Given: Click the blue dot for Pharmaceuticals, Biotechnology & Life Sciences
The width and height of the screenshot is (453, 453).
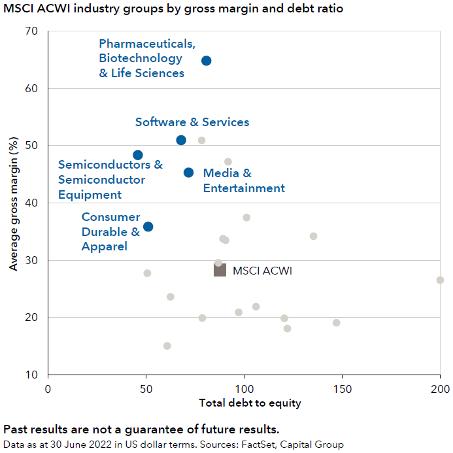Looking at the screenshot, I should [206, 61].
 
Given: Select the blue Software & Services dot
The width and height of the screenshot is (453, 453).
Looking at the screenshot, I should [181, 141].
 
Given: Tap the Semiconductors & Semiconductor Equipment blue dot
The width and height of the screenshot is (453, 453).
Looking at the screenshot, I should [138, 155].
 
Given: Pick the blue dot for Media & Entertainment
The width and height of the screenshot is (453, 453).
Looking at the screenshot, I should [188, 173].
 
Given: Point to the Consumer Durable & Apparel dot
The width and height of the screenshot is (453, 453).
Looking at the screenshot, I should [148, 227].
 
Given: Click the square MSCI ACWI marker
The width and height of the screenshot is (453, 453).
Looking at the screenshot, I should [220, 270].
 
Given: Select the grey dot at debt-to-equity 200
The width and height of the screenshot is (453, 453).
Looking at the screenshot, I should [440, 280].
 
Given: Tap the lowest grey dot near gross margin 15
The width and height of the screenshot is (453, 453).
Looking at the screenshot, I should [167, 346].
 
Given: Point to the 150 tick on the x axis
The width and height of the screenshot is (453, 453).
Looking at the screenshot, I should [342, 388].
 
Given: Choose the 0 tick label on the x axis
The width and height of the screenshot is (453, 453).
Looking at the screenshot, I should [48, 388].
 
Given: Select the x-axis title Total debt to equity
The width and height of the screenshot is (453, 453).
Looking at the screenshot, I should [250, 403].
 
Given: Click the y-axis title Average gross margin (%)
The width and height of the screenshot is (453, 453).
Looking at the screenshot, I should [12, 204].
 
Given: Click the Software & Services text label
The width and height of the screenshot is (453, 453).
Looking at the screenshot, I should [192, 122].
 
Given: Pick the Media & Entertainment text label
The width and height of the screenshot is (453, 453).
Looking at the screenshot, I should [243, 181].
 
